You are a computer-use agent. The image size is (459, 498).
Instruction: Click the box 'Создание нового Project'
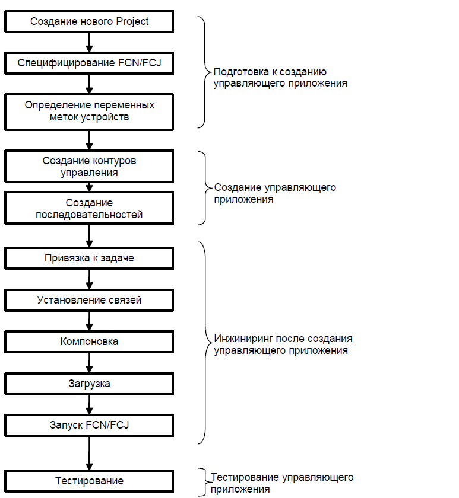(x=89, y=21)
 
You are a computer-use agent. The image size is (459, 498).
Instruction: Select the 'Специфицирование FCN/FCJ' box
(x=89, y=63)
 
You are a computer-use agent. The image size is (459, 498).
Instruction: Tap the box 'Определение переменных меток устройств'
(x=89, y=112)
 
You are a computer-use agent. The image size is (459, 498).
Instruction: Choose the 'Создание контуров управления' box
(x=89, y=167)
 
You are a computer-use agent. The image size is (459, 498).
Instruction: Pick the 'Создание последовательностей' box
(x=89, y=208)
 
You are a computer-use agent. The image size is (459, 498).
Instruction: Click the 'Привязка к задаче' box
(x=89, y=258)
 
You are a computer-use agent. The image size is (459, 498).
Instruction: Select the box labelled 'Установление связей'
(x=89, y=300)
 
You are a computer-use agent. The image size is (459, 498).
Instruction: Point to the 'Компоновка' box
(x=89, y=341)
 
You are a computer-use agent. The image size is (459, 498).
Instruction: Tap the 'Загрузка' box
(x=89, y=384)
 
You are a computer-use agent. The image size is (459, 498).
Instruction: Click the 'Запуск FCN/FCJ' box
(x=89, y=425)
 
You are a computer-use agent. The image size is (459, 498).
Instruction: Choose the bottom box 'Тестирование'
(x=89, y=481)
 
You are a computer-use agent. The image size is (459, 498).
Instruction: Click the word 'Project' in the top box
(x=132, y=21)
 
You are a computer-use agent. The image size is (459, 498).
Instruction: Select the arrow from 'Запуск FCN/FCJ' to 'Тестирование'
(x=90, y=453)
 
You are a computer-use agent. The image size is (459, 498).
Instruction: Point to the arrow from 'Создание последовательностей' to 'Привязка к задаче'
(x=90, y=236)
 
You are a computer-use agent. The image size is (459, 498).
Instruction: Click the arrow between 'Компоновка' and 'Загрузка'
(x=90, y=363)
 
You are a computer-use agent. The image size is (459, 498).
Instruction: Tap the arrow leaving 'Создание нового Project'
(x=90, y=42)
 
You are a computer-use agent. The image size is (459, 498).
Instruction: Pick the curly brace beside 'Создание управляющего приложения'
(x=205, y=188)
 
